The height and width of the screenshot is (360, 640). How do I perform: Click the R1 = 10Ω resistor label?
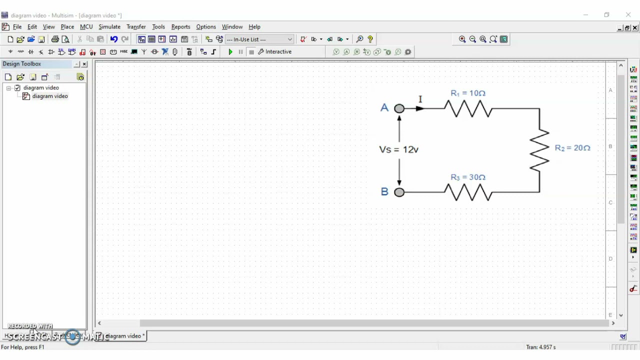pyautogui.click(x=467, y=93)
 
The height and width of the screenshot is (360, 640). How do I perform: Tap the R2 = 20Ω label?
pyautogui.click(x=572, y=148)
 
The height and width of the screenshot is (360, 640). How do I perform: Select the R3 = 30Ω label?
pyautogui.click(x=467, y=177)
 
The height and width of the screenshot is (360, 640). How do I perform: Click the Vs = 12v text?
pyautogui.click(x=398, y=149)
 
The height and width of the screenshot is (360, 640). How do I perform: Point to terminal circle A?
pyautogui.click(x=399, y=108)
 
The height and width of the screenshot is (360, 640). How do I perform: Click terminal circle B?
pyautogui.click(x=399, y=192)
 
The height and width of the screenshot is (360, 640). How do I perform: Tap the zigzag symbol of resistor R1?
pyautogui.click(x=468, y=108)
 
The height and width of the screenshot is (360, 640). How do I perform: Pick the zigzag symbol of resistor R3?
pyautogui.click(x=468, y=192)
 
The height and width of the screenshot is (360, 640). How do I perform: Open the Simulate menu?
pyautogui.click(x=109, y=27)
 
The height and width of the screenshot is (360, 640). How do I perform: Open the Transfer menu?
pyautogui.click(x=136, y=27)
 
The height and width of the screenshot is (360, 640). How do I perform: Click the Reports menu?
pyautogui.click(x=180, y=27)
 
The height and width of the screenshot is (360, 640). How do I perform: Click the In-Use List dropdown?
pyautogui.click(x=259, y=39)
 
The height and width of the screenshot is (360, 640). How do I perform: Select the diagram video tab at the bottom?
pyautogui.click(x=124, y=336)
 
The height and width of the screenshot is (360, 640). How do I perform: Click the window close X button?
pyautogui.click(x=628, y=15)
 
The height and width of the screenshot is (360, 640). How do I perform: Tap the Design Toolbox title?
pyautogui.click(x=22, y=64)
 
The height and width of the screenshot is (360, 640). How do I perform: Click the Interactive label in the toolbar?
pyautogui.click(x=278, y=52)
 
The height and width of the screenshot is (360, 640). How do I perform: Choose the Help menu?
pyautogui.click(x=254, y=27)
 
